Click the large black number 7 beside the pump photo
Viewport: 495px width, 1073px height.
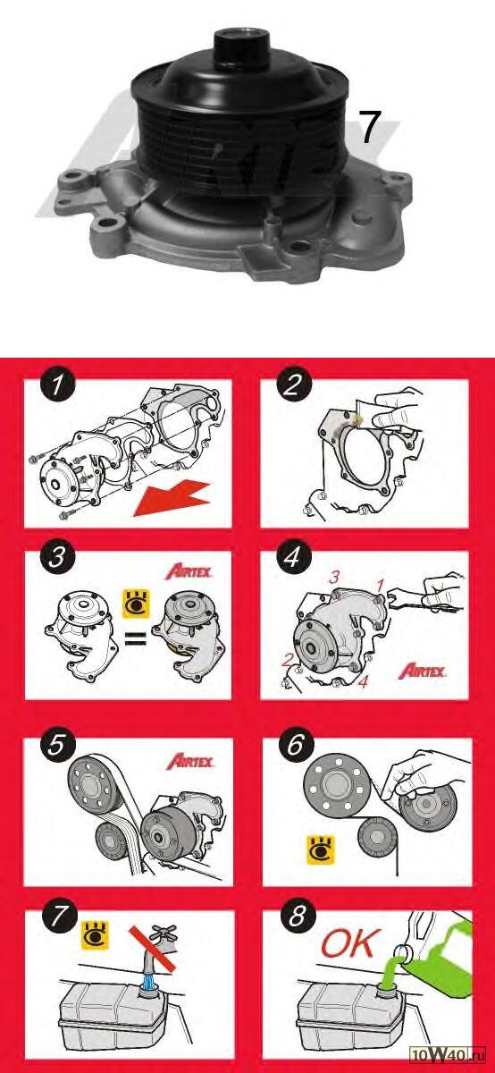coord(370,127)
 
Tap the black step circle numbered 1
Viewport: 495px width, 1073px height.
coord(58,384)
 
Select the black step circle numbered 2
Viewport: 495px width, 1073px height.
coord(293,384)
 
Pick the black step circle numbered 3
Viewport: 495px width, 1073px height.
coord(57,557)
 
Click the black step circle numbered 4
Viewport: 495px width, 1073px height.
coord(293,556)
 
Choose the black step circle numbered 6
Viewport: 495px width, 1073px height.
coord(296,745)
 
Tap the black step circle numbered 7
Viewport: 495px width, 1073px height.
coord(58,917)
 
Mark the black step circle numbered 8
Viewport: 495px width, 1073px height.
coord(297,917)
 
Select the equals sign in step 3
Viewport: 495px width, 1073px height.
coord(135,640)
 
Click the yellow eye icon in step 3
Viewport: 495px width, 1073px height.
coord(137,604)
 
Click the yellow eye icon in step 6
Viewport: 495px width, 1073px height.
coord(320,850)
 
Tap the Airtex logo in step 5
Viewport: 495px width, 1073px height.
coord(189,762)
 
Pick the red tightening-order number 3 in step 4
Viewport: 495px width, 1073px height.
coord(334,578)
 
